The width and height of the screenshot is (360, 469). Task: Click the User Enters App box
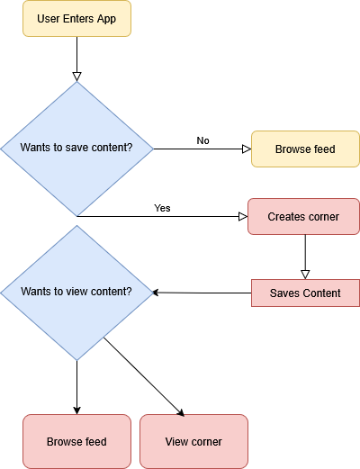[76, 19]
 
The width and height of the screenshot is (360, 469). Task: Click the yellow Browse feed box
[305, 149]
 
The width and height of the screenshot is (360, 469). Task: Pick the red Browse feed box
[76, 441]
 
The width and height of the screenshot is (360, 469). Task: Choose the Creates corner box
[304, 217]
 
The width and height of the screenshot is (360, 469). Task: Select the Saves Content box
[305, 293]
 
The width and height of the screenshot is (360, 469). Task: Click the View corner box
[193, 441]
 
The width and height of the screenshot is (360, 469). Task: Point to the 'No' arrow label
[202, 140]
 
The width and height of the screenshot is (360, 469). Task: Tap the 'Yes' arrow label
[162, 208]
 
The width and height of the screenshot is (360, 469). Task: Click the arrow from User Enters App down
[76, 59]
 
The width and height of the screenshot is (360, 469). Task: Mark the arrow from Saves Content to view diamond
[202, 293]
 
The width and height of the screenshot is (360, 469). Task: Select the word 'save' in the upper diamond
[82, 148]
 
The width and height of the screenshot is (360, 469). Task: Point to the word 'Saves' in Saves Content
[284, 293]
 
